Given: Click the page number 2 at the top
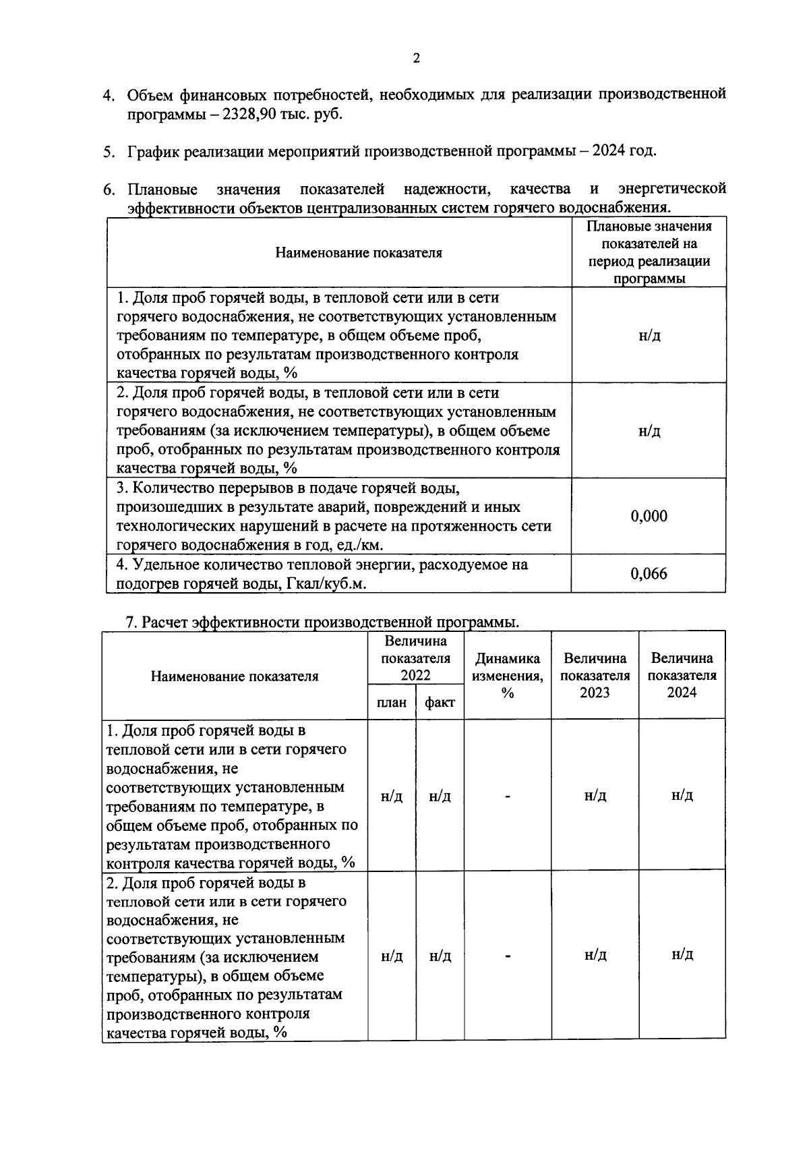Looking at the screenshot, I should point(416,59).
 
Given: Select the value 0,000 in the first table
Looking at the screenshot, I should point(649,517).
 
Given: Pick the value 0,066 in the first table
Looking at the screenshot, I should point(649,574).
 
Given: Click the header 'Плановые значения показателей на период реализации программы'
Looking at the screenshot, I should point(649,252).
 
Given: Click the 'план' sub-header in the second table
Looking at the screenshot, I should point(392,703).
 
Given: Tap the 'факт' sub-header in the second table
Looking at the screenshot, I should point(440,703).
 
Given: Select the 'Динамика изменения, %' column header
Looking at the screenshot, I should point(508,675).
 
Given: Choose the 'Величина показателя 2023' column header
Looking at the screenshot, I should point(595,675).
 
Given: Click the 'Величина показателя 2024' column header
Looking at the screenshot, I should point(682,675).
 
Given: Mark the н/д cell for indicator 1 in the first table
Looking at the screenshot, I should point(649,335).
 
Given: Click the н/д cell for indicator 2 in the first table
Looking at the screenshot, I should point(649,431).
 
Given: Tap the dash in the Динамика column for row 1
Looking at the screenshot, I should point(508,796).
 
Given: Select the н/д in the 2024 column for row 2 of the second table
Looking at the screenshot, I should point(682,955).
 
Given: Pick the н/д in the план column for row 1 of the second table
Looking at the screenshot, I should point(392,796).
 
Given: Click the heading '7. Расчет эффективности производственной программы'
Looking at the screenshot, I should point(323,622).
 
